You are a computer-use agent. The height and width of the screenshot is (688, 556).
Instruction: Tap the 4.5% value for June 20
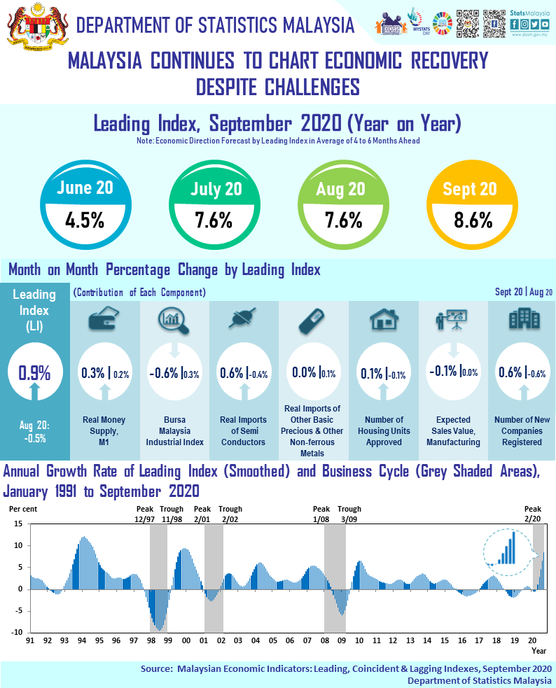(85, 220)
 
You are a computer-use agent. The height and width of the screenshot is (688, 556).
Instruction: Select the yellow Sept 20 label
(470, 189)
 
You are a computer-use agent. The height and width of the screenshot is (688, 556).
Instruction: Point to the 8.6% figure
(470, 220)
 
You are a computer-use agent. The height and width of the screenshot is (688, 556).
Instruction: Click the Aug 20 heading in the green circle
(341, 189)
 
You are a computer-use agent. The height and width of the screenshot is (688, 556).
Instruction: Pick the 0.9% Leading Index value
(35, 372)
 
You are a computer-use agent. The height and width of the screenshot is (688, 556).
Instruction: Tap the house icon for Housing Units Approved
(384, 321)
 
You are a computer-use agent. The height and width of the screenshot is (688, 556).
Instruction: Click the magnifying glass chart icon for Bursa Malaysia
(174, 321)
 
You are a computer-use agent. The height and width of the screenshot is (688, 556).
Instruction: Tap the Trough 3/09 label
(349, 514)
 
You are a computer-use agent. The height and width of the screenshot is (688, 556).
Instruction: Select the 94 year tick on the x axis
(81, 640)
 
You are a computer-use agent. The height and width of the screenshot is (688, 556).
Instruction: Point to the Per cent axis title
(22, 508)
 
